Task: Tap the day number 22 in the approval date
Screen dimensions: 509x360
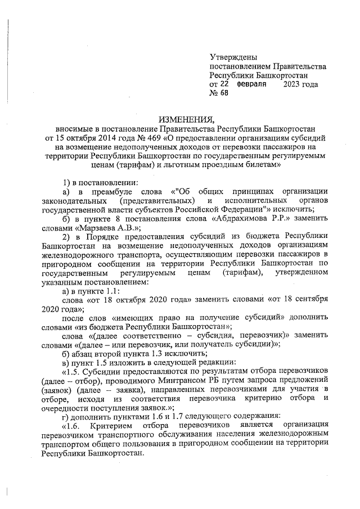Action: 225,83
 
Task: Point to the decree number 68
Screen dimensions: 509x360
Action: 225,92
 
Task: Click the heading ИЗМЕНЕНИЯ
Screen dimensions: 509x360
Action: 187,119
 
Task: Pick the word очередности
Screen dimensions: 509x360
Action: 66,408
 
